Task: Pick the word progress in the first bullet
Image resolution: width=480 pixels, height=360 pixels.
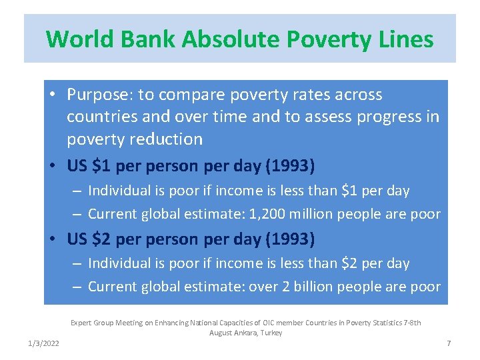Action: tap(389, 117)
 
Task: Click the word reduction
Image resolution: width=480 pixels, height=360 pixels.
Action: tap(167, 139)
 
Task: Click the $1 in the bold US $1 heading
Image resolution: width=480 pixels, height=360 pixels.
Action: tap(103, 165)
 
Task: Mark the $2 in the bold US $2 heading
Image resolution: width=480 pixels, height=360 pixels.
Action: tap(103, 239)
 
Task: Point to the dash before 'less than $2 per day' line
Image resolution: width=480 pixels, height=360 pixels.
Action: tap(77, 264)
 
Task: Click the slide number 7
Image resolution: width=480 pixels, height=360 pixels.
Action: tap(449, 343)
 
